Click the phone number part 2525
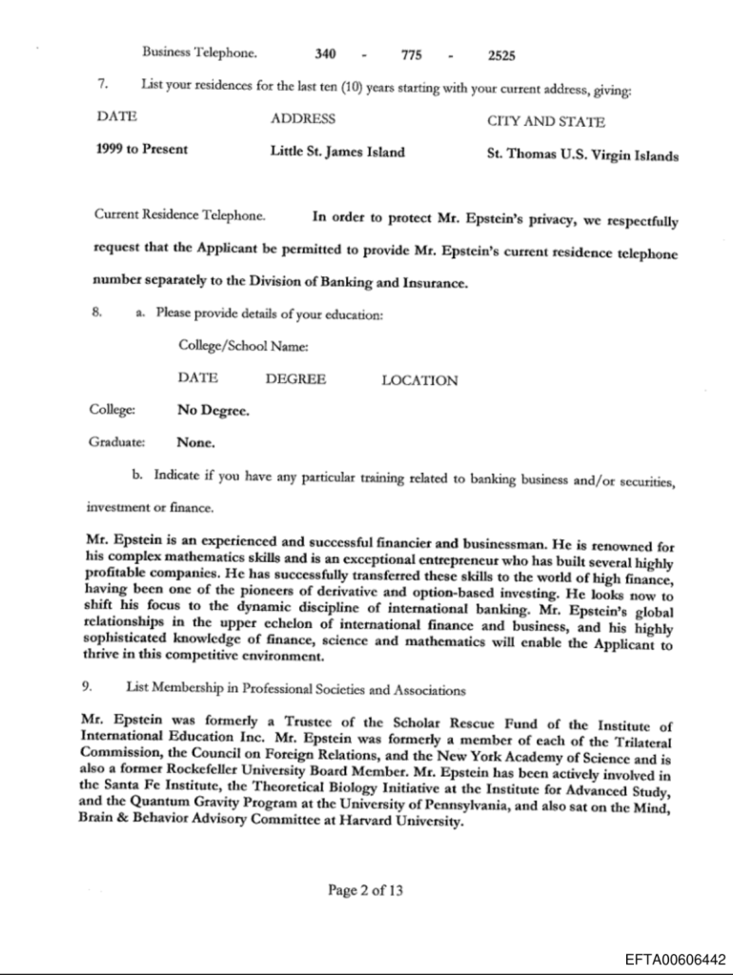pyautogui.click(x=502, y=55)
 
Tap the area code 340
pyautogui.click(x=324, y=55)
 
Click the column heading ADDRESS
pyautogui.click(x=302, y=119)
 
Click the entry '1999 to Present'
pyautogui.click(x=142, y=150)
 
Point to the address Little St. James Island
pyautogui.click(x=337, y=152)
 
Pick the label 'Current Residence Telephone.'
pyautogui.click(x=178, y=215)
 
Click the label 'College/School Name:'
pyautogui.click(x=242, y=347)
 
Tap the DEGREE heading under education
pyautogui.click(x=295, y=378)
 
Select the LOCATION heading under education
pyautogui.click(x=419, y=380)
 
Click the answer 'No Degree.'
pyautogui.click(x=214, y=411)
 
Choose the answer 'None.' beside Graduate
pyautogui.click(x=196, y=442)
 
